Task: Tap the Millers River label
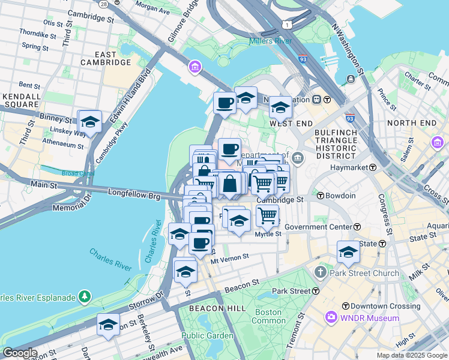(271, 41)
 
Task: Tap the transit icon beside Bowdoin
(321, 196)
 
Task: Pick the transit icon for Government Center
(357, 227)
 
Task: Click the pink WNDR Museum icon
(330, 317)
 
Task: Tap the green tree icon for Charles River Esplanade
(85, 296)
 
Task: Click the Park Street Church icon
(321, 273)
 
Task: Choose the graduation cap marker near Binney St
(90, 122)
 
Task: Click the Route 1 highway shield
(289, 25)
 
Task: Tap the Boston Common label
(268, 316)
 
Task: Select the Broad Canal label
(77, 173)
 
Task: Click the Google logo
(20, 353)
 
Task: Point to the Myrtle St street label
(268, 234)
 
